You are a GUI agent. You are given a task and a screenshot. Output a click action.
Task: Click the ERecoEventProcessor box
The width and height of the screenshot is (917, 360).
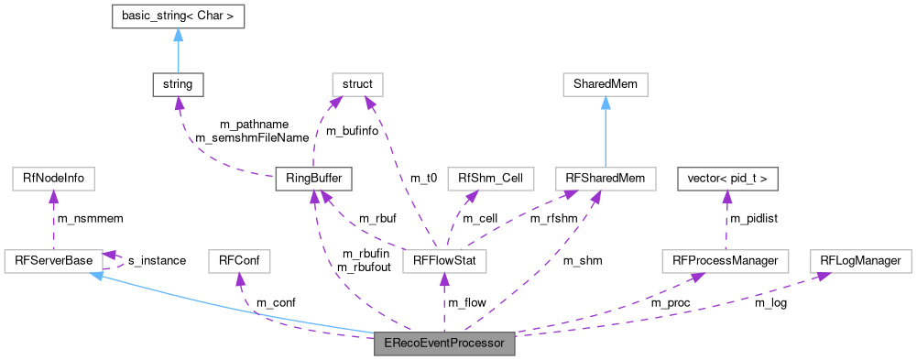(444, 345)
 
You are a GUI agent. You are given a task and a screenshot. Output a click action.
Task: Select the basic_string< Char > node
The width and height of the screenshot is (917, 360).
(178, 16)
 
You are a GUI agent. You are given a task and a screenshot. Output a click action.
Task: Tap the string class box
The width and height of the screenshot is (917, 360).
(178, 84)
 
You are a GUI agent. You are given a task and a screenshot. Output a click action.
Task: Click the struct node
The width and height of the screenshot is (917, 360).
(357, 84)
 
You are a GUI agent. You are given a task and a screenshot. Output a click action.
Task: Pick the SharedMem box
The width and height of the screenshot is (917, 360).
(606, 84)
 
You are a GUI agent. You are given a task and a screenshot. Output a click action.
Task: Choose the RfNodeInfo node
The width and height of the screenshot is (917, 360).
(53, 179)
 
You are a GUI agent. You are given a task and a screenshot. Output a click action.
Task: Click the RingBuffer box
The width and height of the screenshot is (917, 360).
(314, 179)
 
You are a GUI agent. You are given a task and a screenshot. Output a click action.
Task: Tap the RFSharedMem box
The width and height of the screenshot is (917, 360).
(606, 179)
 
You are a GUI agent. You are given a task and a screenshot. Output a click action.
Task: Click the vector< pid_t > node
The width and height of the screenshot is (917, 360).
(726, 179)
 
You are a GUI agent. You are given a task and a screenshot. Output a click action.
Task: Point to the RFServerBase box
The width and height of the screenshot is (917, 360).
(53, 261)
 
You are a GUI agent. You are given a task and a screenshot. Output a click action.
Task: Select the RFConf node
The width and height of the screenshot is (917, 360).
(234, 261)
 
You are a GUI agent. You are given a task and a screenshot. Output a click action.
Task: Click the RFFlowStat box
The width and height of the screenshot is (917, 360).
(444, 261)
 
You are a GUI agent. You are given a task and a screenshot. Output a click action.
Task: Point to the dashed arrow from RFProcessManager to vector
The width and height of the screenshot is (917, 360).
(726, 220)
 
